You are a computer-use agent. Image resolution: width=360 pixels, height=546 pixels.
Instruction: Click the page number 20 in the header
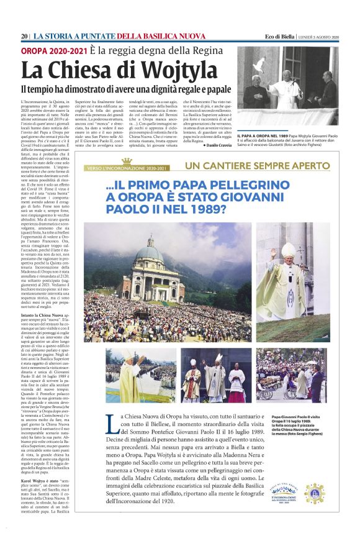click(x=24, y=37)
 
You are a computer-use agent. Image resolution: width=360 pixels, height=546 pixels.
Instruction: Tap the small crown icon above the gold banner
click(x=127, y=162)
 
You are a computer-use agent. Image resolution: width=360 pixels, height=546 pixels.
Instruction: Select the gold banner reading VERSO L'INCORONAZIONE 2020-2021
click(x=127, y=168)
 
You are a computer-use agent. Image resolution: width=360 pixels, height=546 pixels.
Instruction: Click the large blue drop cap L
click(x=113, y=422)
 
